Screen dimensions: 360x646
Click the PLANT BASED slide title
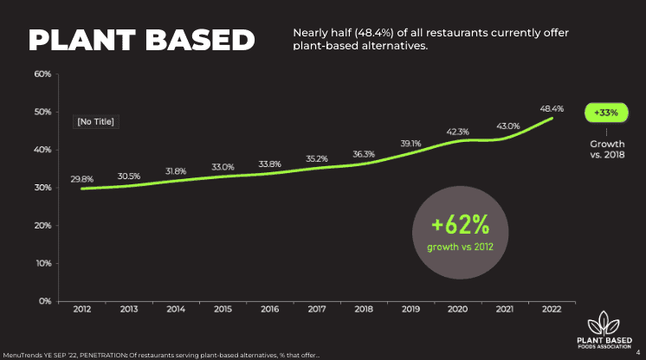click(x=142, y=40)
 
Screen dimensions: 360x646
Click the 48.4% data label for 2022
click(x=552, y=109)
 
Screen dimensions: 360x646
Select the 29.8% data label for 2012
click(x=82, y=179)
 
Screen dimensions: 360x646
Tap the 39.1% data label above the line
click(x=410, y=143)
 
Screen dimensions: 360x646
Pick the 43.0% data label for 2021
click(x=507, y=126)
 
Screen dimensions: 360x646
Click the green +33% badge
click(x=606, y=112)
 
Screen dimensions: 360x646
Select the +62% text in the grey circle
click(x=461, y=226)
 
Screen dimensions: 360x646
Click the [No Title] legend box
click(x=95, y=122)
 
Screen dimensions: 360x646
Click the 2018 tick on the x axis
click(x=364, y=309)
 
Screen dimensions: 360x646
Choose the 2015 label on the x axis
click(x=223, y=309)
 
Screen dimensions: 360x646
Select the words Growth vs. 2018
click(x=606, y=149)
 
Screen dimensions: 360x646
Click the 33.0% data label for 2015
click(x=223, y=166)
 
